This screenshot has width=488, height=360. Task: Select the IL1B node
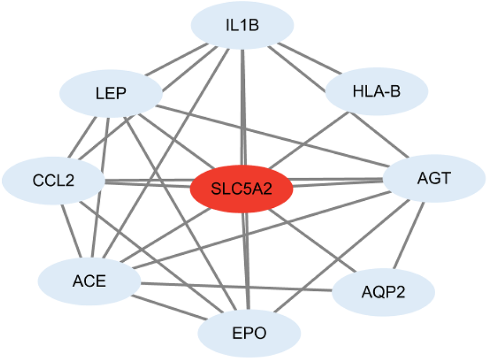pos(243,25)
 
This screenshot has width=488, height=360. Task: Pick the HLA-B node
pos(377,93)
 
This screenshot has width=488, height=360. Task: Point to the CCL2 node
pos(53,180)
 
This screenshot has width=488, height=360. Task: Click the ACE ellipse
pos(88,281)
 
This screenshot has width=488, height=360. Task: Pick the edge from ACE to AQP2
pos(237,287)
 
